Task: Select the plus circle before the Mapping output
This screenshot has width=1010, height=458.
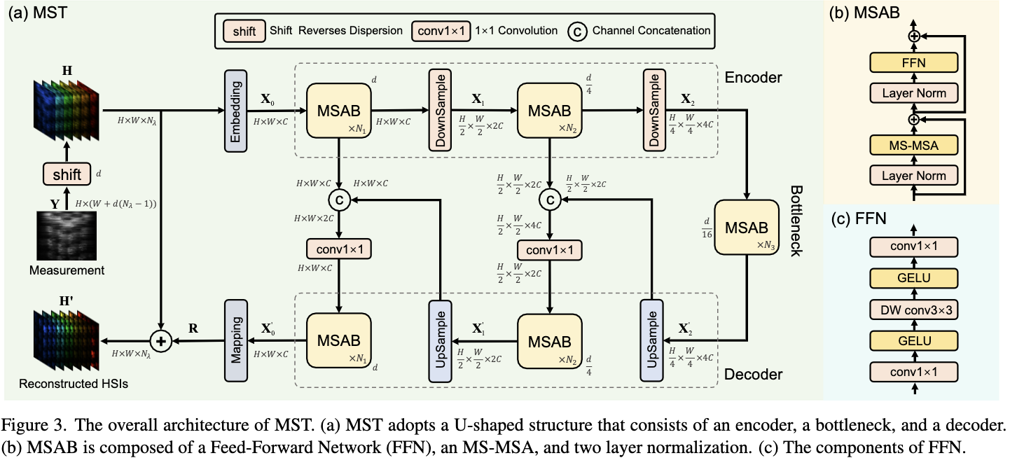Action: (162, 342)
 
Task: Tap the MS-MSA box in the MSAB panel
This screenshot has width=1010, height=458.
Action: (913, 146)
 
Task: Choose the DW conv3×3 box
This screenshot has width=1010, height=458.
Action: (913, 310)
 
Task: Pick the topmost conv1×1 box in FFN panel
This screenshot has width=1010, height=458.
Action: (913, 247)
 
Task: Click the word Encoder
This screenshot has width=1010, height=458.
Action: (753, 77)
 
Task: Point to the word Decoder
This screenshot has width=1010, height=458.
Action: (754, 375)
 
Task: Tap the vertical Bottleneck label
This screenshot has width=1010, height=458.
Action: (796, 221)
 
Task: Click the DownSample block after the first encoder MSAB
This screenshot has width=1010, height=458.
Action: (441, 111)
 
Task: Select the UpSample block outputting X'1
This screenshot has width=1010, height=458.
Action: (441, 341)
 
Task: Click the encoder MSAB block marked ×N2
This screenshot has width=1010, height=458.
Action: (550, 111)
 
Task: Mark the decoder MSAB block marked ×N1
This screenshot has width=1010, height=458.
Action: (339, 341)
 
